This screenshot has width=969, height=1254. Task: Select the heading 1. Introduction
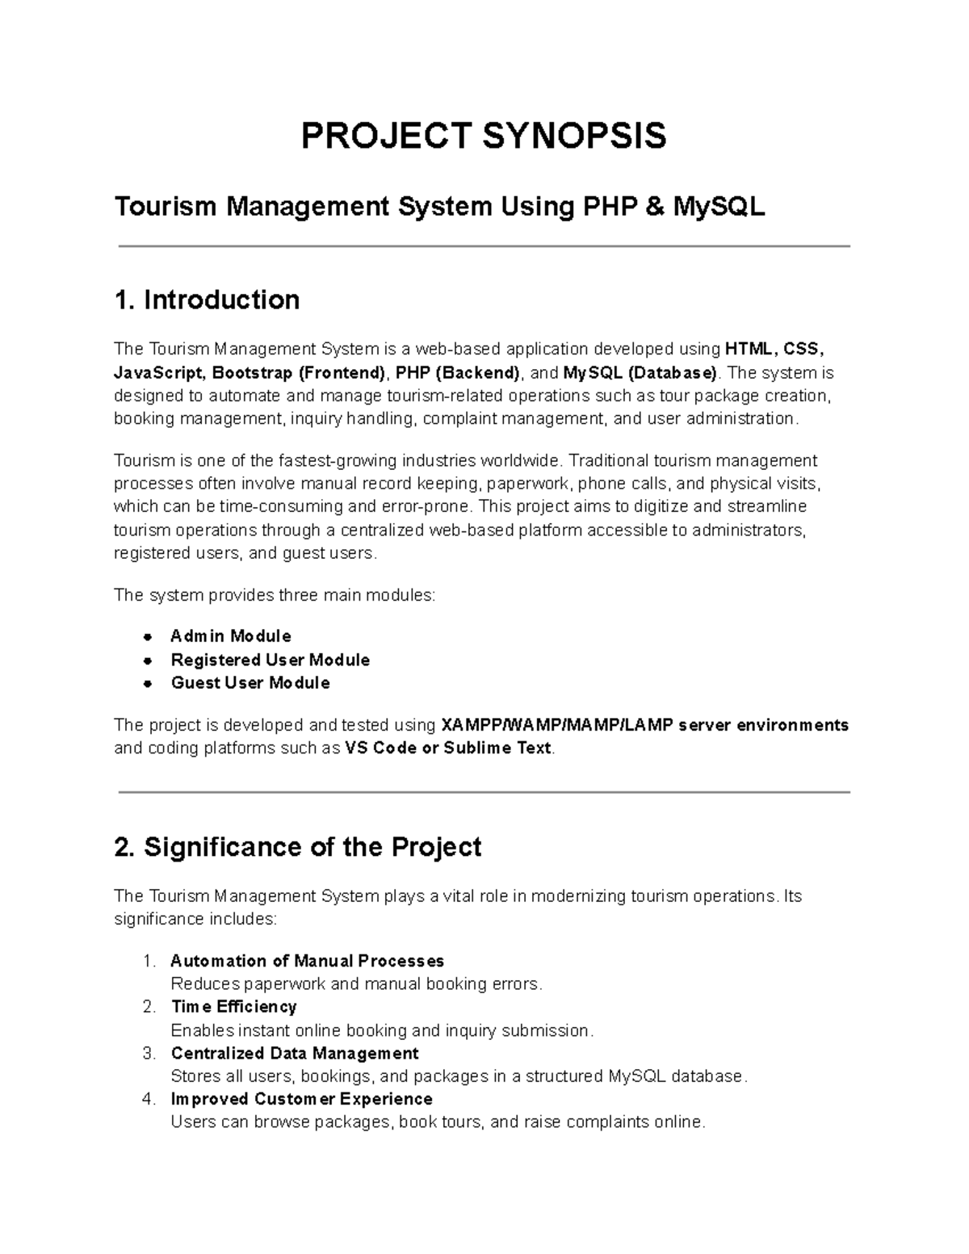pos(207,300)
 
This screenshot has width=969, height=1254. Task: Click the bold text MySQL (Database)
pos(640,372)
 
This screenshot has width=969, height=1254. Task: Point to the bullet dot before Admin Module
pos(147,636)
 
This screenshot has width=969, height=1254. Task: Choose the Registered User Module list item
pos(270,660)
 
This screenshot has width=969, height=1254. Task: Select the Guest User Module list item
pos(250,683)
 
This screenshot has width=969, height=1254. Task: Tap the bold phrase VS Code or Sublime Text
pos(447,748)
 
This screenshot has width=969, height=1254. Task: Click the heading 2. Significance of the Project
pos(298,847)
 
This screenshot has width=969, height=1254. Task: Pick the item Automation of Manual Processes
pos(307,961)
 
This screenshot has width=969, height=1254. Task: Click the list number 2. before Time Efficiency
pos(148,1007)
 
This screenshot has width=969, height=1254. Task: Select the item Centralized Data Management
pos(295,1053)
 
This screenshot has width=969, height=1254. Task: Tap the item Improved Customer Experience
pos(301,1099)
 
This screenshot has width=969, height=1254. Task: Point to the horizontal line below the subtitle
pos(484,246)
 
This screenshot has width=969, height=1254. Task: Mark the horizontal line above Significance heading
pos(484,793)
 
